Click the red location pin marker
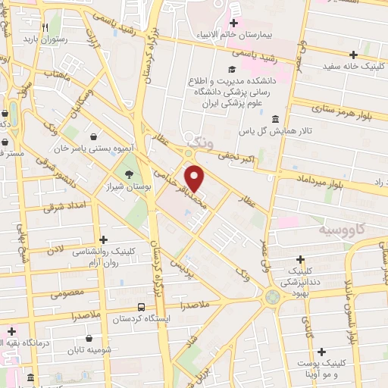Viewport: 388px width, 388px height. click(195, 178)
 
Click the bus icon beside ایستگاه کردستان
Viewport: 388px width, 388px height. click(142, 307)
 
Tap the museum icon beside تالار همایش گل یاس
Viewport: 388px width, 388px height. click(274, 119)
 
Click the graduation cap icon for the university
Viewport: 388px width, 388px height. click(230, 70)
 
